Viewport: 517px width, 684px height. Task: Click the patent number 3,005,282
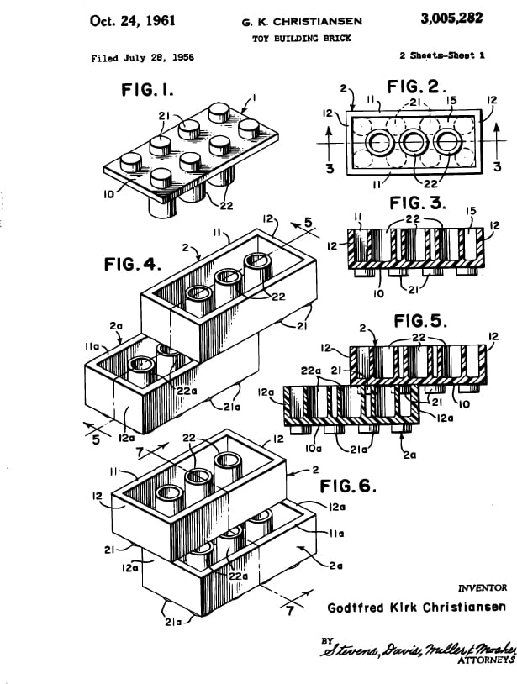point(451,18)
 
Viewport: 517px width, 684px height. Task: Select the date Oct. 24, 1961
point(132,20)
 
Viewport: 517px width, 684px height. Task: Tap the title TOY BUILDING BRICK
point(302,39)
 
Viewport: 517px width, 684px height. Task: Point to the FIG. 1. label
point(147,90)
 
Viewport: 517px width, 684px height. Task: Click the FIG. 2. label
point(417,87)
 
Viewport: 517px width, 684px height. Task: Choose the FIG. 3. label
point(418,203)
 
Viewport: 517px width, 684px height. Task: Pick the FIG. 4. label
point(132,264)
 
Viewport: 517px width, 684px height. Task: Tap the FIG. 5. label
point(420,321)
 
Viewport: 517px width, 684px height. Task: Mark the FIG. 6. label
point(348,486)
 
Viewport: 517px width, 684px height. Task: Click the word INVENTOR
point(483,587)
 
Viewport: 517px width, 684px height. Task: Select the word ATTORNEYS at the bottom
point(487,660)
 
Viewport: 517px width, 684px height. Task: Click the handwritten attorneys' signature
point(418,649)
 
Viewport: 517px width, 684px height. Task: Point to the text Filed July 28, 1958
point(143,58)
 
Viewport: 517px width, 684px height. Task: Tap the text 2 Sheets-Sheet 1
point(441,55)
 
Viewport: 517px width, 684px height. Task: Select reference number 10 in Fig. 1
point(109,194)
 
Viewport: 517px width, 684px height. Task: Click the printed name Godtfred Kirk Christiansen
point(417,608)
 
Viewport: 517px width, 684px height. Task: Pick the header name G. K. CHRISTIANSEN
point(302,21)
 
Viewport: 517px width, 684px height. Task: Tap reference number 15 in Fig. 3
point(472,211)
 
